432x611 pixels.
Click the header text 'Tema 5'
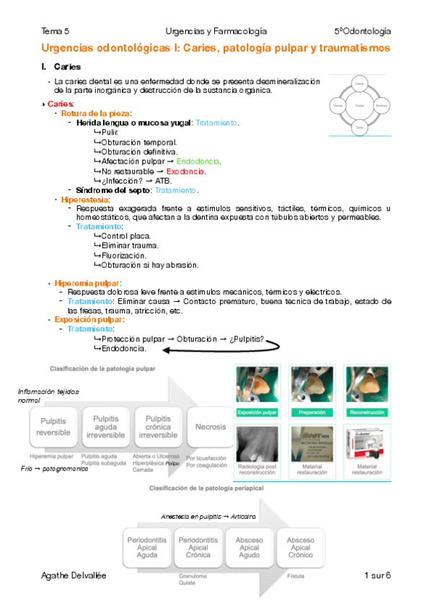pyautogui.click(x=56, y=31)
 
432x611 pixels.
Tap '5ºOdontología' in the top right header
pyautogui.click(x=362, y=31)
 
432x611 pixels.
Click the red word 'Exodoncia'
pyautogui.click(x=185, y=171)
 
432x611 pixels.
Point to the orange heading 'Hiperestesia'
pyautogui.click(x=85, y=199)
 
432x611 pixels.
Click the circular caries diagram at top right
pyautogui.click(x=359, y=105)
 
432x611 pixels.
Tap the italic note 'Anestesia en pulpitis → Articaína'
pyautogui.click(x=209, y=517)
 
